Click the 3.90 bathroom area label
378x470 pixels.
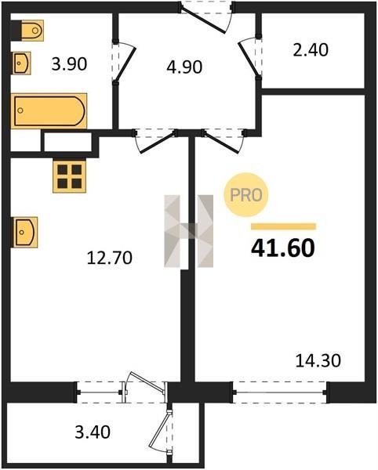coord(69,64)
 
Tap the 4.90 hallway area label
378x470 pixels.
coord(184,67)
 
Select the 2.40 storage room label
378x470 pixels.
coord(311,50)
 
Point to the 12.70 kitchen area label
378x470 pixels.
coord(110,258)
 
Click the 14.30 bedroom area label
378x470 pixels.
coord(318,360)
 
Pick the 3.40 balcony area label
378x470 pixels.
coord(93,432)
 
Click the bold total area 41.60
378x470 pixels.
coord(283,248)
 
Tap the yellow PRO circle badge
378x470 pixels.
coord(246,195)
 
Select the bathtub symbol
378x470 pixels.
coord(49,111)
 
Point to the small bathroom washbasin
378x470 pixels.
coord(21,63)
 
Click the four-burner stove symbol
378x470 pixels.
coord(69,176)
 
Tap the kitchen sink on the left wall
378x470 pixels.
coord(25,233)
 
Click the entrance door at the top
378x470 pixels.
coord(206,17)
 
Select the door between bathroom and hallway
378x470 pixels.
coord(124,62)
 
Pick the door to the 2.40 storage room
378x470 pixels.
coord(249,57)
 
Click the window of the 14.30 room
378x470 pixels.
coord(280,392)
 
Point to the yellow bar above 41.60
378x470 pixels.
coord(284,226)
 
